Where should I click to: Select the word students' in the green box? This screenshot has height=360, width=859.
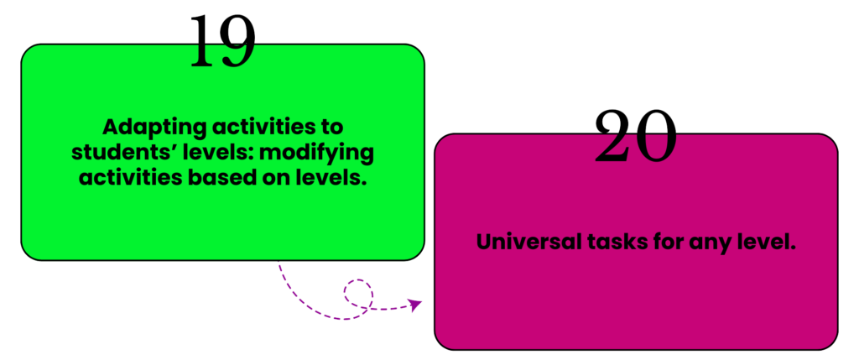click(124, 154)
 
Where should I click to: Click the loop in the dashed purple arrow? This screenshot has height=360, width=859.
click(358, 295)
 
